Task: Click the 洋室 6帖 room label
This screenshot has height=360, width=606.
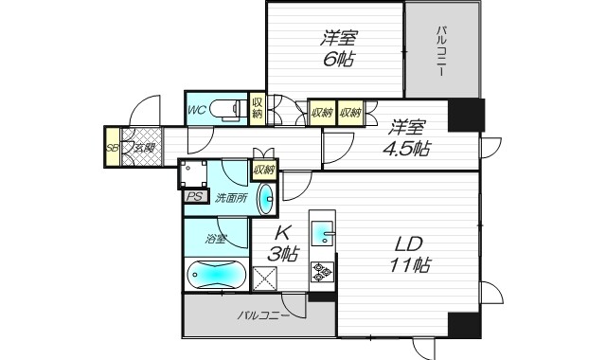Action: point(338,49)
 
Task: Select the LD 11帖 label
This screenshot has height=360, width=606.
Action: point(411,255)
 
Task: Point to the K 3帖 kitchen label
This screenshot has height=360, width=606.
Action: point(282,243)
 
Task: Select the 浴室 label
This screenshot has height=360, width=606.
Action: point(215,239)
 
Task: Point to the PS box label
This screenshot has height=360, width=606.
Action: point(194,197)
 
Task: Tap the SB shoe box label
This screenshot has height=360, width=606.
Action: point(112,147)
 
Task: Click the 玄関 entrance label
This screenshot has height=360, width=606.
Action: point(144,147)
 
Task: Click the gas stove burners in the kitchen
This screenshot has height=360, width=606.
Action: point(322,272)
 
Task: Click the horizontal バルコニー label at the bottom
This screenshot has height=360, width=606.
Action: point(263,315)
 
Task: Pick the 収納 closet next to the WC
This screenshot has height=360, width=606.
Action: point(258,108)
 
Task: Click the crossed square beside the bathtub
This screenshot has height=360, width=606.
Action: point(264,278)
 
